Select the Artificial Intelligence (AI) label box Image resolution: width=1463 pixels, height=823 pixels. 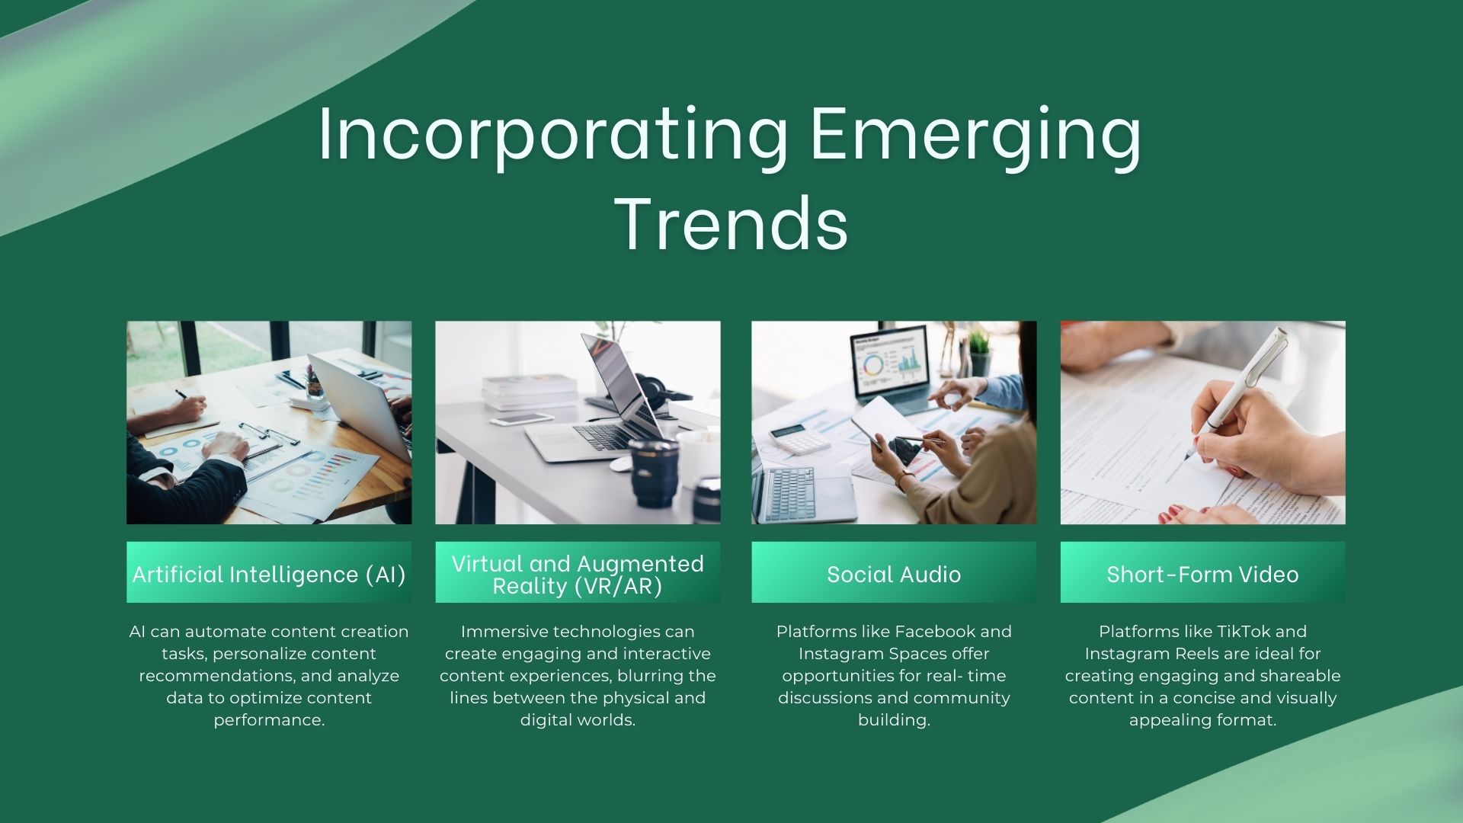[x=269, y=573]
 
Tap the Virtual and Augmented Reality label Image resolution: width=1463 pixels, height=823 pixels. [x=578, y=573]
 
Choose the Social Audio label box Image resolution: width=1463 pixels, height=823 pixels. [x=894, y=573]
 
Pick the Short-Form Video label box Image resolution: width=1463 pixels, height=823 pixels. [x=1202, y=573]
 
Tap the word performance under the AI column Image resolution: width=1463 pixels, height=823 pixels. [x=269, y=720]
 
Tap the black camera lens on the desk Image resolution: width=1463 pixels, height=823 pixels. [x=653, y=472]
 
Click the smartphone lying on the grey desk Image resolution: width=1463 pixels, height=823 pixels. [x=521, y=419]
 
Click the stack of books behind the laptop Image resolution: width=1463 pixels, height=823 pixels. [x=530, y=391]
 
